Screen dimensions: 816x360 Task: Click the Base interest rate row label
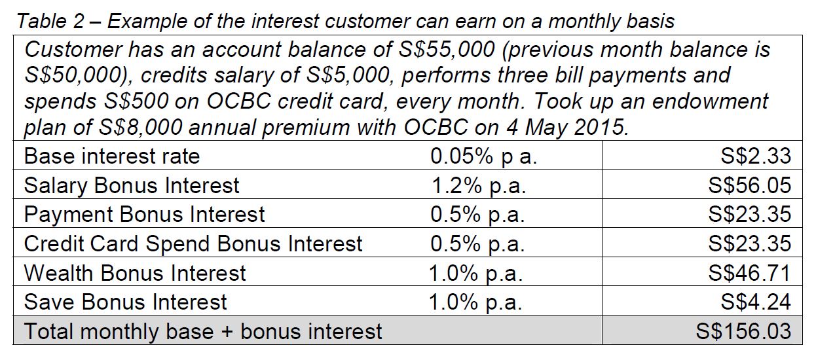click(x=112, y=156)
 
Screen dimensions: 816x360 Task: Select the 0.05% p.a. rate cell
click(x=484, y=156)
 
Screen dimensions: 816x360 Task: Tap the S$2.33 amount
click(x=756, y=156)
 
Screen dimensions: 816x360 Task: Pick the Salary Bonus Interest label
click(x=132, y=185)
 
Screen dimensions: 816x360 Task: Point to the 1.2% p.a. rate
click(x=479, y=185)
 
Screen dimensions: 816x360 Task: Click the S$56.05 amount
click(x=750, y=185)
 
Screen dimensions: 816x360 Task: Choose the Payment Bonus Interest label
click(x=144, y=214)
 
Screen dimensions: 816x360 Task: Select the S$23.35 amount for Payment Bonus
click(x=750, y=214)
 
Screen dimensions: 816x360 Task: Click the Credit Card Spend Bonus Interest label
click(x=193, y=243)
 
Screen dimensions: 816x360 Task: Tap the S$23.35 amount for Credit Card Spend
click(x=750, y=243)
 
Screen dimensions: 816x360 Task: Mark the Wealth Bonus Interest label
click(x=135, y=273)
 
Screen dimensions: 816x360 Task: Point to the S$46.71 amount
click(x=750, y=273)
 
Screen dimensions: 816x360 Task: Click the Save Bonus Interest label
click(x=125, y=302)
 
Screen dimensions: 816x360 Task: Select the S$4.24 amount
click(x=756, y=302)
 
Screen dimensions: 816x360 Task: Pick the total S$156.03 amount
click(x=743, y=332)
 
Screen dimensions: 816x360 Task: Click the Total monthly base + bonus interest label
click(x=203, y=332)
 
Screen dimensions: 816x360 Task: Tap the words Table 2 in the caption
click(x=50, y=21)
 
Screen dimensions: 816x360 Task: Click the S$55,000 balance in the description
click(x=447, y=50)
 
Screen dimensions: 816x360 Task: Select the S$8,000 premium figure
click(x=140, y=128)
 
